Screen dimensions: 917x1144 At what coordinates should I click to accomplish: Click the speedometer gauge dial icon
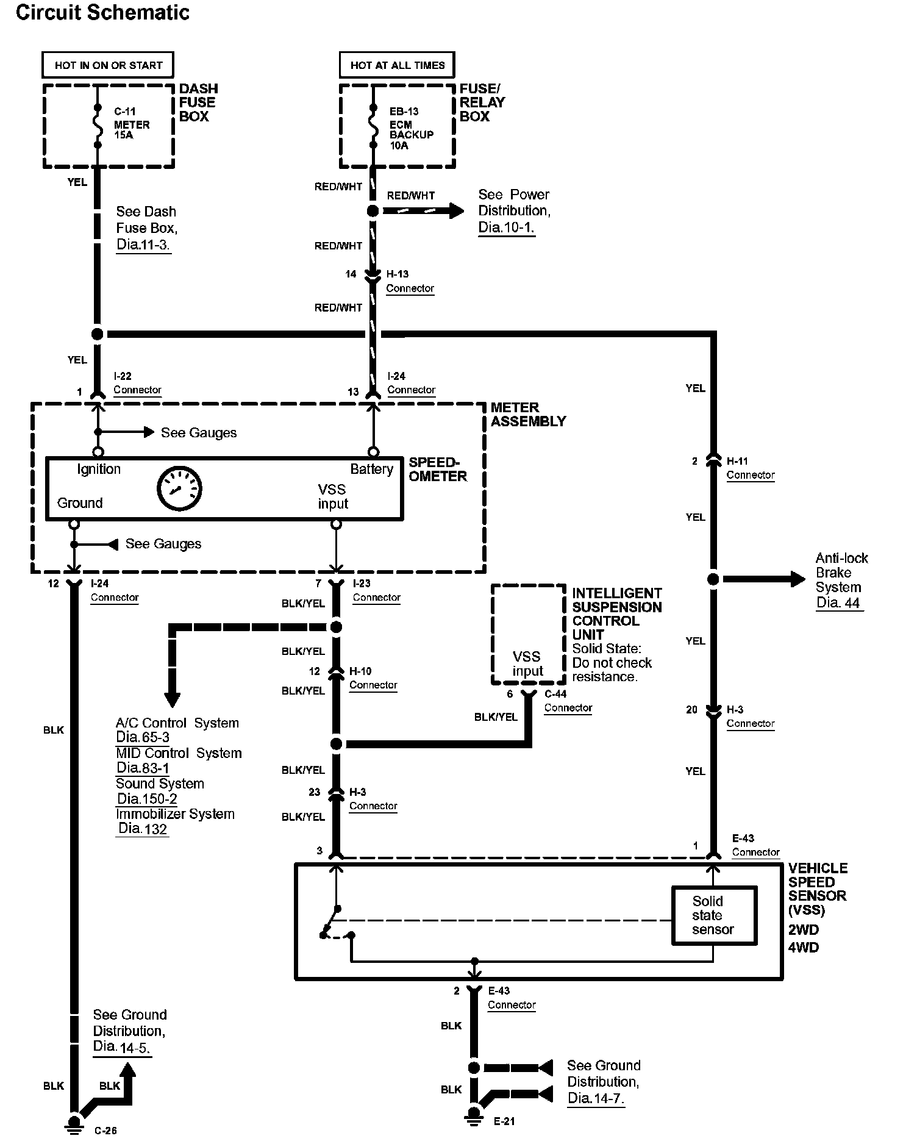179,488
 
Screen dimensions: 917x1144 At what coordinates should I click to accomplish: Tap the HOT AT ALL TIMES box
397,65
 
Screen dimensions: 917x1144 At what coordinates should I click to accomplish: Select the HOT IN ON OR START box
108,65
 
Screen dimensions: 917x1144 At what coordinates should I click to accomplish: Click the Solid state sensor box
714,915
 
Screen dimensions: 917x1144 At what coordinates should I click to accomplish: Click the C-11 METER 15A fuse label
132,124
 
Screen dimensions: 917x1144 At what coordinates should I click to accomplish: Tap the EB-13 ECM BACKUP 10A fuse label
412,129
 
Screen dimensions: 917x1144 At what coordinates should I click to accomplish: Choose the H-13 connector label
410,281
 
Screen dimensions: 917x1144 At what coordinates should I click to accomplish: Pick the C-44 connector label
568,701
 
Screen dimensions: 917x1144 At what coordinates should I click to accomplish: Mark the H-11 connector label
751,468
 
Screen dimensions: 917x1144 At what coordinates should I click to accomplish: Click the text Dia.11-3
143,245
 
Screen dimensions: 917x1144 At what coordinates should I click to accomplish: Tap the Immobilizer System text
175,814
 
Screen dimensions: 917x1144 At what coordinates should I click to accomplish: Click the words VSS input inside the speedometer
332,496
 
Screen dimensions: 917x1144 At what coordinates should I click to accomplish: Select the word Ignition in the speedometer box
99,469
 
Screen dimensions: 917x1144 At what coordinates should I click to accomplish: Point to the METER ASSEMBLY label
528,414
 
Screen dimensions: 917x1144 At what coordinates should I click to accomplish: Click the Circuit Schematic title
102,12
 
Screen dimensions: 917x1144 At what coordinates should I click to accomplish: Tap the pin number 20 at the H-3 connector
691,709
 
